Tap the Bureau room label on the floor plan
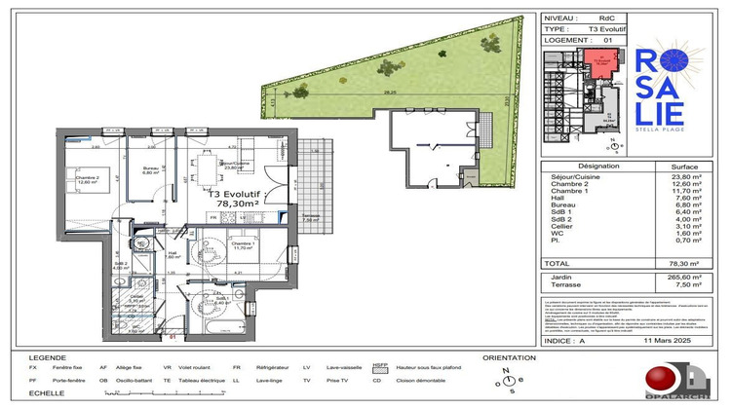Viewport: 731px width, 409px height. coord(150,169)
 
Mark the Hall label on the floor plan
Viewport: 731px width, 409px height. coord(171,252)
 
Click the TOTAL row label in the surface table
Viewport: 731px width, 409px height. coord(558,263)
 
